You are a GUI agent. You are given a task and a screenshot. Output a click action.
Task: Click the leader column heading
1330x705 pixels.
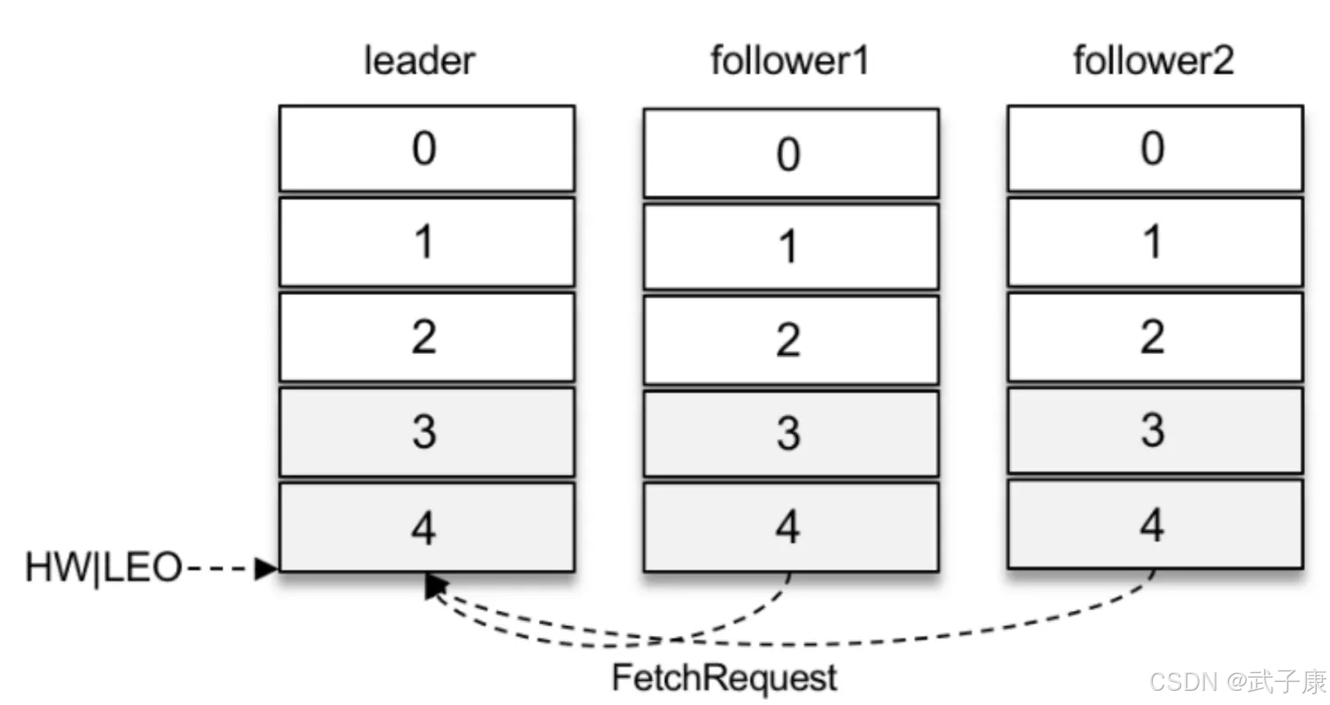click(x=419, y=60)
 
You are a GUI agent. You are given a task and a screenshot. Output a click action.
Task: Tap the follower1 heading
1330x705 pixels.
click(x=790, y=60)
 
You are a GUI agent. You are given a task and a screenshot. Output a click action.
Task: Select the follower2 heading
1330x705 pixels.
click(x=1154, y=60)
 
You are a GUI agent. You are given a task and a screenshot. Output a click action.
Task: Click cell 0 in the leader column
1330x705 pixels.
click(x=426, y=148)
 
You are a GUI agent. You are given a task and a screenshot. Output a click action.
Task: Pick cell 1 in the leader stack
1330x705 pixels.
click(x=426, y=242)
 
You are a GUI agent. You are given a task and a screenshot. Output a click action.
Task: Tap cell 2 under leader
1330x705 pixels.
click(x=426, y=337)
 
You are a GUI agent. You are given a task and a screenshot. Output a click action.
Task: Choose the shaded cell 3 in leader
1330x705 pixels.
click(x=426, y=432)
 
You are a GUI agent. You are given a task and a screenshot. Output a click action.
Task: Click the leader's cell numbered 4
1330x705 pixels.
click(x=426, y=528)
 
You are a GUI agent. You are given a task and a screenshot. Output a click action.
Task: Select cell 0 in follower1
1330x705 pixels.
click(x=792, y=153)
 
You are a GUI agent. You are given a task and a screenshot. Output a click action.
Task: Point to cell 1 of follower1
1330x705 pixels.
click(x=792, y=247)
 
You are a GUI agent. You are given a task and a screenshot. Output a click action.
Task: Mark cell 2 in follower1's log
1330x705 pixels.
click(x=792, y=341)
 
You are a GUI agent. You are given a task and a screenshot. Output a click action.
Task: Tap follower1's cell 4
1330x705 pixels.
click(x=792, y=528)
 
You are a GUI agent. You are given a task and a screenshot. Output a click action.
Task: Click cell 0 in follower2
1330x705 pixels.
click(x=1155, y=148)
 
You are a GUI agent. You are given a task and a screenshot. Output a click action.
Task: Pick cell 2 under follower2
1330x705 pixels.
click(x=1155, y=337)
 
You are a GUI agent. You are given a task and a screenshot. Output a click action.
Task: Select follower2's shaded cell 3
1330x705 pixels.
click(x=1155, y=431)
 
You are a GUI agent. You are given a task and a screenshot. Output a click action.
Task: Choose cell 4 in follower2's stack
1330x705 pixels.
click(x=1155, y=524)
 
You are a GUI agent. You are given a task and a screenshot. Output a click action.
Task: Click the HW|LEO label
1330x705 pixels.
click(x=104, y=568)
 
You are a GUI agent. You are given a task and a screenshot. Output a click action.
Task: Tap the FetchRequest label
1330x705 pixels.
click(x=724, y=678)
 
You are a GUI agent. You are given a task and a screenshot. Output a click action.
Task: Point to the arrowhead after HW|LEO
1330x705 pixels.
click(x=266, y=568)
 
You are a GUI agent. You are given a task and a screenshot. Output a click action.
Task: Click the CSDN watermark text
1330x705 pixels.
click(x=1238, y=681)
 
